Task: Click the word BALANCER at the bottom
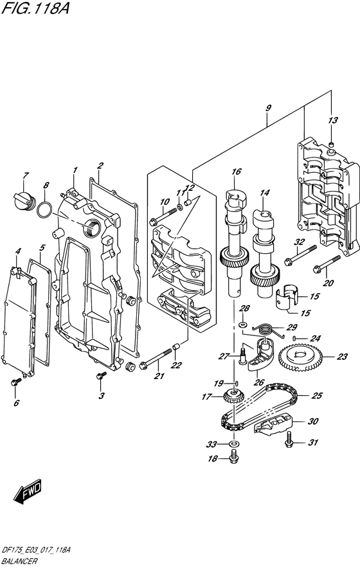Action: pos(20,561)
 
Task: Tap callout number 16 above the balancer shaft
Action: pos(237,172)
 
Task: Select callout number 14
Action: pos(265,192)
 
